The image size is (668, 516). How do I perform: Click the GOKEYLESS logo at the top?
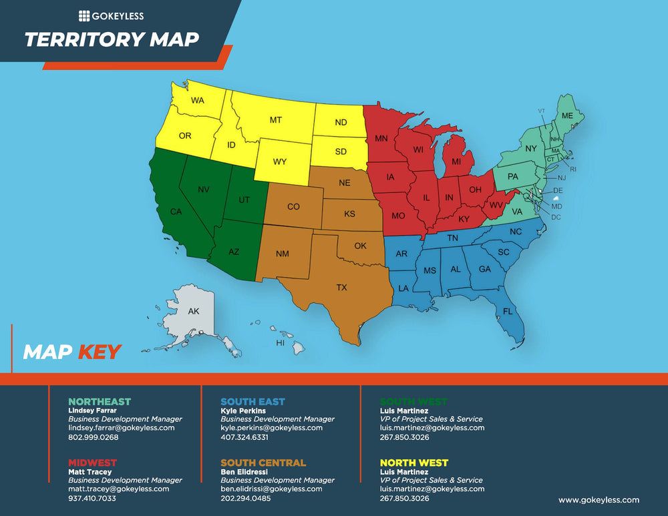111,16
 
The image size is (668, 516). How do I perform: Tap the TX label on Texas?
341,288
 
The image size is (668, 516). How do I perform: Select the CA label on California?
176,212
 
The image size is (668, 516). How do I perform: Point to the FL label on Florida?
508,312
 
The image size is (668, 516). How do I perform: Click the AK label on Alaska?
193,312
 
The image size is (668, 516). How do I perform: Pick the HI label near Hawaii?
281,343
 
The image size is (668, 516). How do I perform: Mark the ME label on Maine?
567,115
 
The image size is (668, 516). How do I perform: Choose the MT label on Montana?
275,120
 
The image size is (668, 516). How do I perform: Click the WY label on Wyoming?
280,162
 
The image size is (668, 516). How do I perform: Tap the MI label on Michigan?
457,162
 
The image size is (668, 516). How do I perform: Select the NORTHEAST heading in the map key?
100,401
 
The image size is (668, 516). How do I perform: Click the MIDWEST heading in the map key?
92,463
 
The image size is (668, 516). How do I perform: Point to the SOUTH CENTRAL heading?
263,463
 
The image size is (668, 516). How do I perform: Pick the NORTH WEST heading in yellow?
413,463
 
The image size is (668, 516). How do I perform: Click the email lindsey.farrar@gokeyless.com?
121,428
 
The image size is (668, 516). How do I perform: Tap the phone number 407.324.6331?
244,437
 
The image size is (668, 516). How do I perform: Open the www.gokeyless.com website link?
599,499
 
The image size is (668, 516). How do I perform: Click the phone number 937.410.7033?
92,498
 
